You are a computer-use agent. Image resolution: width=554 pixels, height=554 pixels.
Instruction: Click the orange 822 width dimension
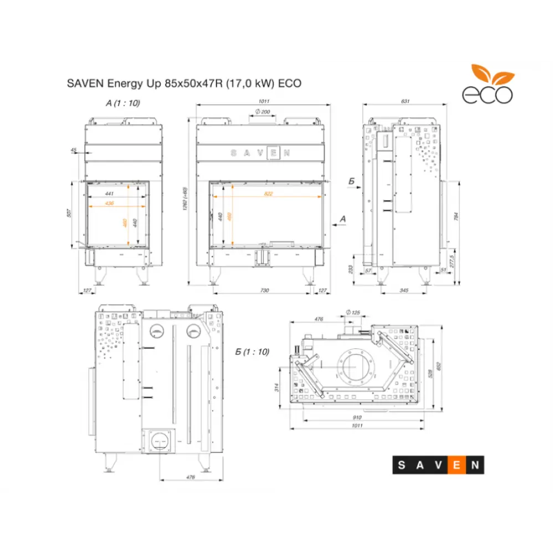coord(268,194)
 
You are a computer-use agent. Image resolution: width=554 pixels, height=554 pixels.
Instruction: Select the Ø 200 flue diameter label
coord(262,112)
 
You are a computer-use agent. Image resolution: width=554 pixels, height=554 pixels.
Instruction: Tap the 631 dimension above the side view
coord(405,101)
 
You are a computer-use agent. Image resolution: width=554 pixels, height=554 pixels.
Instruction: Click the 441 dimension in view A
coord(109,193)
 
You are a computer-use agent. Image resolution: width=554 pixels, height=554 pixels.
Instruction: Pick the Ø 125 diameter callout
coord(352,313)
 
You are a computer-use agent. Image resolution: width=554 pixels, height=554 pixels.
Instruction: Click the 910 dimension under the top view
coord(357,417)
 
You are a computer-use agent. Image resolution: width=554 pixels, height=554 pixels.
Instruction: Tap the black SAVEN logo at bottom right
coord(438,465)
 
